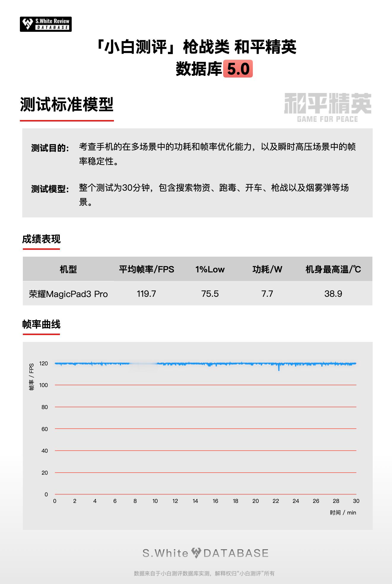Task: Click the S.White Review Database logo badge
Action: pyautogui.click(x=46, y=24)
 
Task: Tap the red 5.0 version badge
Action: pyautogui.click(x=238, y=69)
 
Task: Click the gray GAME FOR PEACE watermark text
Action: pyautogui.click(x=327, y=119)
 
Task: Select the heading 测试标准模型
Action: pyautogui.click(x=67, y=105)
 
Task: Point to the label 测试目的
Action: pyautogui.click(x=50, y=148)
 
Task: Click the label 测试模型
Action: pyautogui.click(x=50, y=189)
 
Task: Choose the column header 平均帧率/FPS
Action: pyautogui.click(x=146, y=269)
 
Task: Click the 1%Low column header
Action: pyautogui.click(x=210, y=269)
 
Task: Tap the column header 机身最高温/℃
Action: pyautogui.click(x=333, y=269)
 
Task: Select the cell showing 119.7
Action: pyautogui.click(x=146, y=294)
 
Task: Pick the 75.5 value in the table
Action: pyautogui.click(x=210, y=294)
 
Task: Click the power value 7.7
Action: pyautogui.click(x=267, y=294)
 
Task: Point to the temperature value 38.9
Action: pyautogui.click(x=333, y=294)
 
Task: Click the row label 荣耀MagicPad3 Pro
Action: pyautogui.click(x=68, y=294)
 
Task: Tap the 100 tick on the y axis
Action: pyautogui.click(x=43, y=385)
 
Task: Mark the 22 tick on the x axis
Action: pyautogui.click(x=276, y=501)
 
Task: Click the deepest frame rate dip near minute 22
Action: pyautogui.click(x=279, y=370)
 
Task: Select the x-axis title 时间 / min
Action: pyautogui.click(x=343, y=513)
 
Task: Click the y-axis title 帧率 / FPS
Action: pyautogui.click(x=31, y=377)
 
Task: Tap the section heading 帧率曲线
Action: pyautogui.click(x=41, y=324)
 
